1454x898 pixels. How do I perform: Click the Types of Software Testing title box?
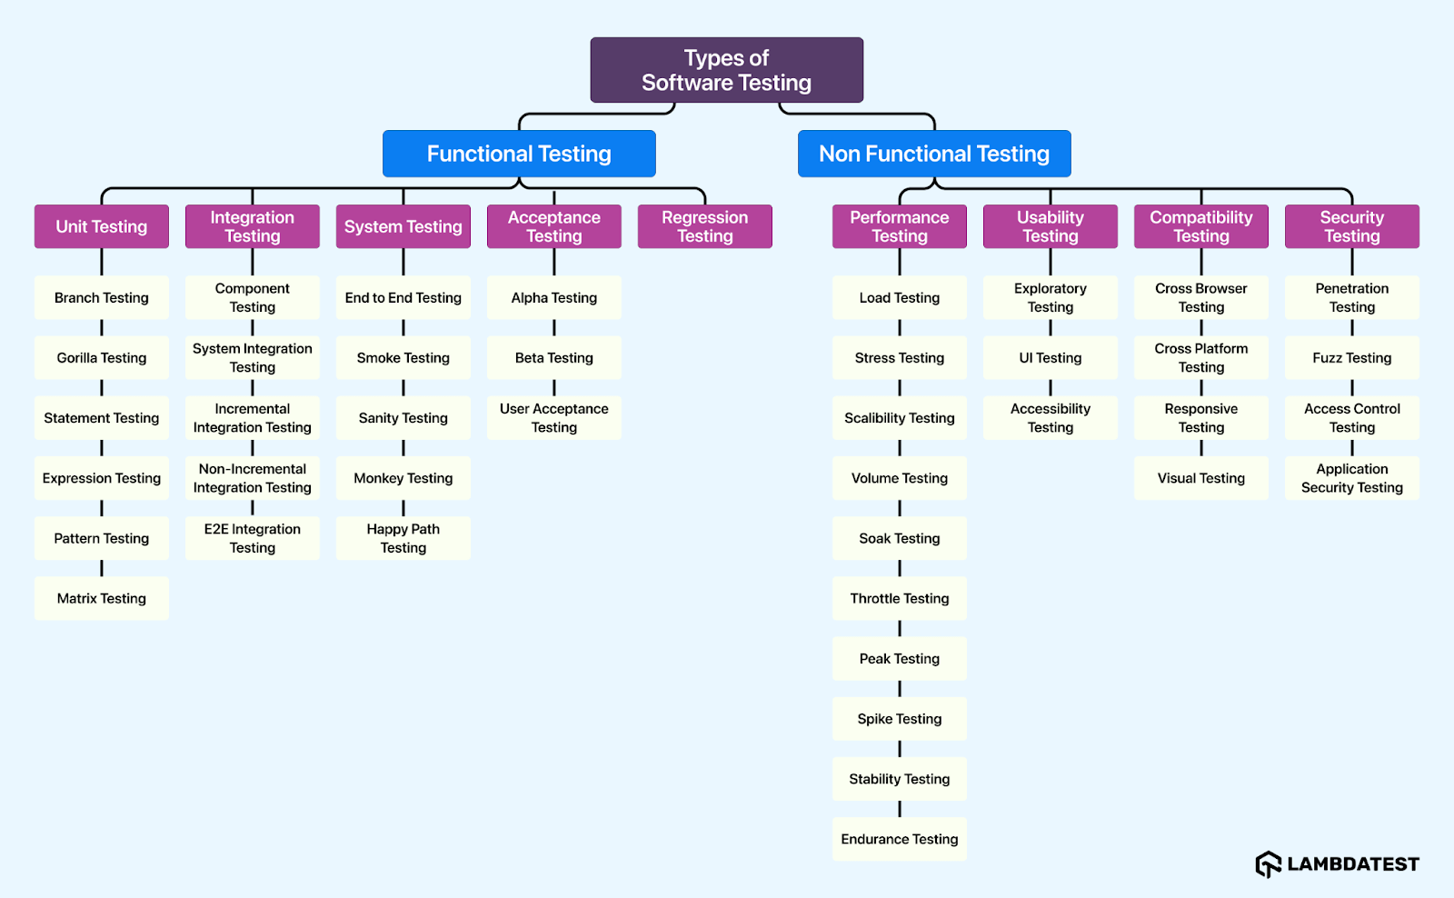coord(726,70)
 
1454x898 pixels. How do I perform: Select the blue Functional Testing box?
coord(519,154)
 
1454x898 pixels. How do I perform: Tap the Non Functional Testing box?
coord(934,154)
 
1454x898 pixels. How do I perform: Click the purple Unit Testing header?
coord(102,226)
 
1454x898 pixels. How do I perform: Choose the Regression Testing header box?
coord(704,226)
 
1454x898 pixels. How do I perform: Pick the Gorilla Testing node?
coord(102,358)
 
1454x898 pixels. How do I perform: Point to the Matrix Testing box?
coord(102,598)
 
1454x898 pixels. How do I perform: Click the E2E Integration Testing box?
coord(253,538)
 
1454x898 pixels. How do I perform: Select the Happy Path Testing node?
coord(403,538)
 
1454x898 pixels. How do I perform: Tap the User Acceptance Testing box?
coord(554,418)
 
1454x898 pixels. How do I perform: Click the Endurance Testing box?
coord(900,839)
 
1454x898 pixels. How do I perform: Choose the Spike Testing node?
coord(900,719)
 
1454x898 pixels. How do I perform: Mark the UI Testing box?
coord(1051,358)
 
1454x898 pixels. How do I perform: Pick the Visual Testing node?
coord(1201,478)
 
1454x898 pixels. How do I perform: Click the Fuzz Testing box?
coord(1352,358)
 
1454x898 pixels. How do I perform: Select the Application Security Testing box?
coord(1352,478)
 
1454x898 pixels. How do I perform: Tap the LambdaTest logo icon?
coord(1269,864)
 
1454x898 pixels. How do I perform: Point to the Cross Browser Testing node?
coord(1201,297)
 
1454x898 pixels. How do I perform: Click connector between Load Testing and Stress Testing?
coord(900,328)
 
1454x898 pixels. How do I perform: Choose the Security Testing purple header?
coord(1352,226)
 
